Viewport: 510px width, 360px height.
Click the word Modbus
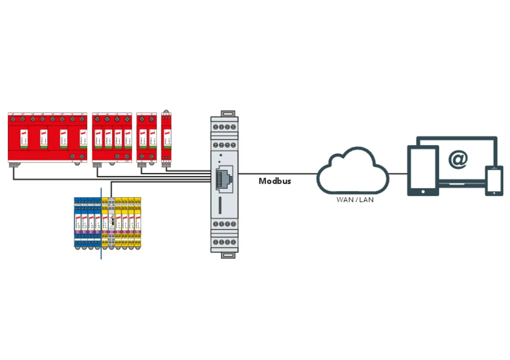[x=275, y=181]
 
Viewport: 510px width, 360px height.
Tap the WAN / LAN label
[x=355, y=200]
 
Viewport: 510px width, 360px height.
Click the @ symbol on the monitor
[x=458, y=159]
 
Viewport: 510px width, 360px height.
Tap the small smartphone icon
[x=494, y=181]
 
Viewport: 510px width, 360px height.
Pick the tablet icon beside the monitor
[x=423, y=170]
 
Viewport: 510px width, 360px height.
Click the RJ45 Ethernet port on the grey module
[x=224, y=178]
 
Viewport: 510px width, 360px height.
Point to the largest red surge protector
[x=47, y=138]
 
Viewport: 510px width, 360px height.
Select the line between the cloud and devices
[x=398, y=174]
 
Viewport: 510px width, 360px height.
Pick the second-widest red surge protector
[x=112, y=138]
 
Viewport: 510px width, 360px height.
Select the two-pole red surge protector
[x=147, y=138]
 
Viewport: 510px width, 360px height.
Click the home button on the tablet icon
[x=423, y=191]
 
